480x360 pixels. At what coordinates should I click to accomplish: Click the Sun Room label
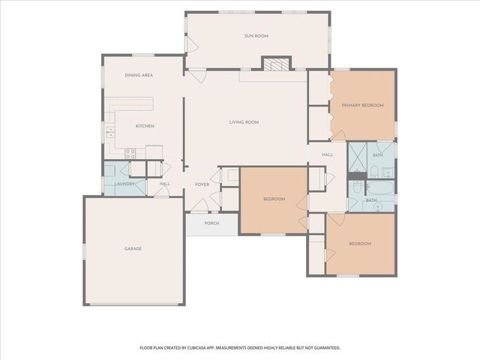(x=256, y=36)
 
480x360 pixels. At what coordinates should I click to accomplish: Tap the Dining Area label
(x=139, y=75)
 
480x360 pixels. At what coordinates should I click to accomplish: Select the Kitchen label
(x=145, y=126)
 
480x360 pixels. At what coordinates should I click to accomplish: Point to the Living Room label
(x=244, y=122)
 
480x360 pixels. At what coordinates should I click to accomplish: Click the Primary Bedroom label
(x=362, y=105)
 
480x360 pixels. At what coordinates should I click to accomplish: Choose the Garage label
(x=133, y=248)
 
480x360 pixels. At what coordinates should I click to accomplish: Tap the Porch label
(x=211, y=223)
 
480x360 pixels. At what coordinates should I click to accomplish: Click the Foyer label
(x=202, y=184)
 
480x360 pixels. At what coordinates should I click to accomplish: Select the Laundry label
(x=124, y=184)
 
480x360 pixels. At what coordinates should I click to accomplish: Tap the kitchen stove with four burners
(x=130, y=154)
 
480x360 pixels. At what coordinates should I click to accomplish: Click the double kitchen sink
(x=110, y=132)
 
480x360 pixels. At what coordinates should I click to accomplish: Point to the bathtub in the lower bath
(x=379, y=187)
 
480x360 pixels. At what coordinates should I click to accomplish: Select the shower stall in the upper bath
(x=358, y=157)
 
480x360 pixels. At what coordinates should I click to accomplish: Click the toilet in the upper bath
(x=374, y=172)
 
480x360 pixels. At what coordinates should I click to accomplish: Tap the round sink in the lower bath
(x=378, y=207)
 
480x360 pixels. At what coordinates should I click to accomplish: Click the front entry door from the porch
(x=199, y=205)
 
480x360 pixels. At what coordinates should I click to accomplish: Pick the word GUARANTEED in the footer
(x=328, y=348)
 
